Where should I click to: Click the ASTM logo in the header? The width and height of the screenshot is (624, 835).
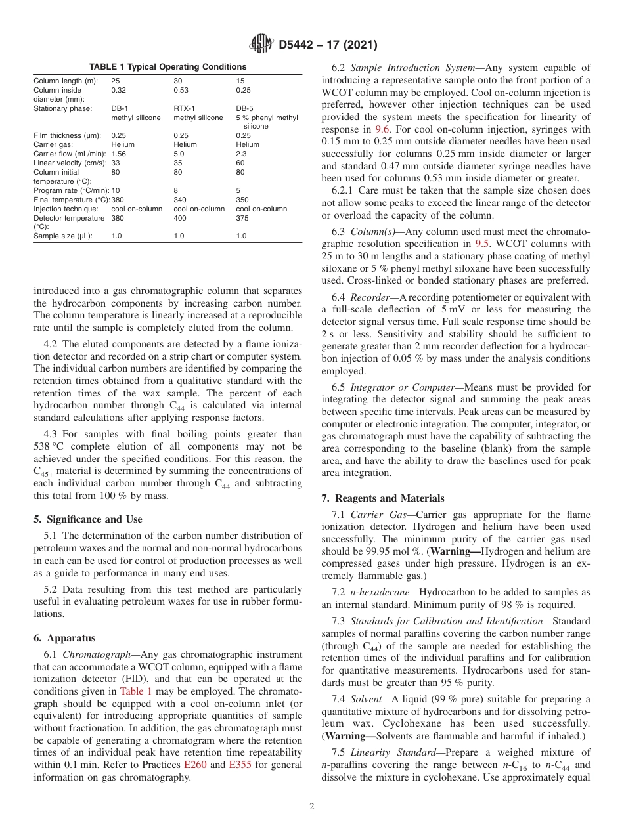(x=261, y=45)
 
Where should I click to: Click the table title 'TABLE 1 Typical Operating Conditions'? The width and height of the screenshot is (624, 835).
(x=167, y=67)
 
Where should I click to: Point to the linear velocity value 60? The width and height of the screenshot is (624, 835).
(x=240, y=163)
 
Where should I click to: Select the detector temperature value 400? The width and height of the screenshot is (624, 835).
(x=179, y=217)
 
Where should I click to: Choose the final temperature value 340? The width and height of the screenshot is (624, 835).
(x=179, y=199)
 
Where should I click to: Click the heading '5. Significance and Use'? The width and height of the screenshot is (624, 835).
(x=88, y=519)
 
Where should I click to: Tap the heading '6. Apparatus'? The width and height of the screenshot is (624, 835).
(x=64, y=638)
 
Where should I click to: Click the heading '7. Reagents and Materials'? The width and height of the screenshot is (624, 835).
(x=382, y=498)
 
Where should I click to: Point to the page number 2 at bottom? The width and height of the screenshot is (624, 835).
(x=312, y=807)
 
